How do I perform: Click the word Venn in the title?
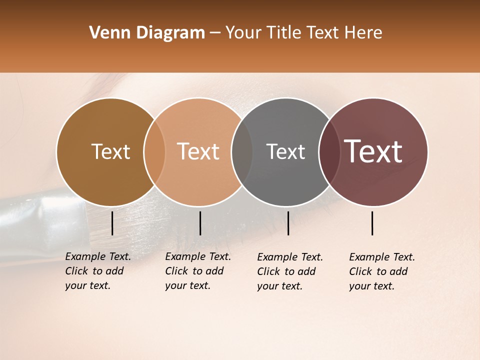point(106,33)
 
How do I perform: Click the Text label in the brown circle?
point(111,151)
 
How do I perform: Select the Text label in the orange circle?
point(198,151)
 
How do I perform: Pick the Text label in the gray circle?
point(285,151)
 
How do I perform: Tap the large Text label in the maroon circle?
point(373,151)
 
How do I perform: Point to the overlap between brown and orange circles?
point(154,152)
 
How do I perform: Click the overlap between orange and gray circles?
point(242,152)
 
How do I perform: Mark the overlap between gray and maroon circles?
point(328,152)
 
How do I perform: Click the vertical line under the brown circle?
point(112,223)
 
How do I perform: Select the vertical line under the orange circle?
point(200,223)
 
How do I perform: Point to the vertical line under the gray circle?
point(288,223)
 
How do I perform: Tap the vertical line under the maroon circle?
point(372,223)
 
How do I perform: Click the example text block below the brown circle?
point(98,271)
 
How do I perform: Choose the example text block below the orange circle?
point(198,271)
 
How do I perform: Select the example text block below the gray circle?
point(290,271)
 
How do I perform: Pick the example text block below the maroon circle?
point(382,271)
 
